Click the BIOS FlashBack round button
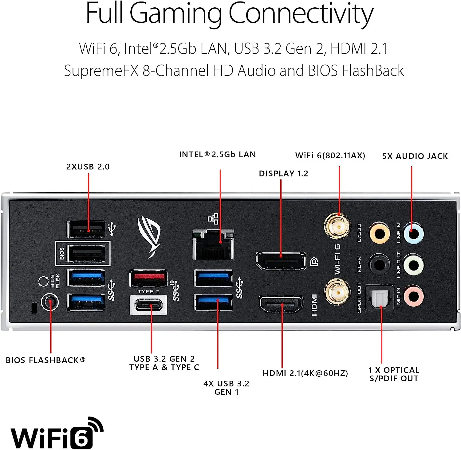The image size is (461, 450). coord(50,302)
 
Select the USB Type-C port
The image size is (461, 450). coord(149,305)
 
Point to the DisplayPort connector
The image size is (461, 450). coord(281,261)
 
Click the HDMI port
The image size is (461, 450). coord(281,304)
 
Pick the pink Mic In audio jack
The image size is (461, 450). coord(414,296)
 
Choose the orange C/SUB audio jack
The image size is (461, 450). coord(380,233)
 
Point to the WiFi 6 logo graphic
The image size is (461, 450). coord(57,433)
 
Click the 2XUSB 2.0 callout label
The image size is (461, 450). coord(88,167)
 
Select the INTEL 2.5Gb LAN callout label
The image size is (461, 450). coord(217,154)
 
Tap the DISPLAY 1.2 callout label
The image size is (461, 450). coord(283,174)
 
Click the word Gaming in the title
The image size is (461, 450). coord(175,13)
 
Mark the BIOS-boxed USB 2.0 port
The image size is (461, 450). coord(87,254)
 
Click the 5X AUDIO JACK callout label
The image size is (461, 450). coord(415,156)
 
